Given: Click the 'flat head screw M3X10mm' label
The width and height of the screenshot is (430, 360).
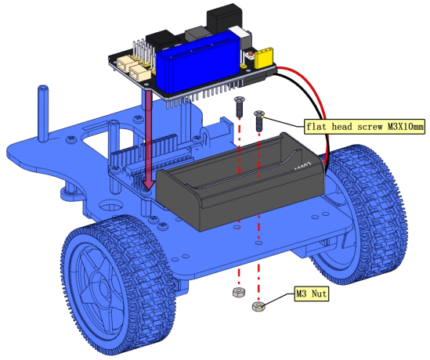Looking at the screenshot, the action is [364, 126].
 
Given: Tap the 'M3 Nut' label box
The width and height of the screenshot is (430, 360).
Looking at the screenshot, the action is [311, 293].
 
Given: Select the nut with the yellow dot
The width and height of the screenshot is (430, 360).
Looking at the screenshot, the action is [258, 306].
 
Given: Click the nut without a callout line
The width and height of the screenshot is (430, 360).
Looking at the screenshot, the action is [239, 292].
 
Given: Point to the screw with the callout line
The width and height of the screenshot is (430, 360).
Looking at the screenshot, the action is [258, 121].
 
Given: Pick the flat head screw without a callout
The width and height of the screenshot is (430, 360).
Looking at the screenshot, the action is [239, 106].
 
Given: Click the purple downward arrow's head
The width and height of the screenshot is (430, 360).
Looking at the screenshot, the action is [149, 185].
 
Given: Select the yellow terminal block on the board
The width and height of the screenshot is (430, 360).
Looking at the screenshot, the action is [264, 58].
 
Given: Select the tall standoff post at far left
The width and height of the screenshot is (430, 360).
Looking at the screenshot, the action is [43, 113].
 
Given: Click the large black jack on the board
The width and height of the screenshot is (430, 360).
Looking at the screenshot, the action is [225, 19].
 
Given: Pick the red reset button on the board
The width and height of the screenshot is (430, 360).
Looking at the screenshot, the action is [250, 55].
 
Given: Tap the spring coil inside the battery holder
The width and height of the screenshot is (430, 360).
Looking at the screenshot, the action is [303, 165].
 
